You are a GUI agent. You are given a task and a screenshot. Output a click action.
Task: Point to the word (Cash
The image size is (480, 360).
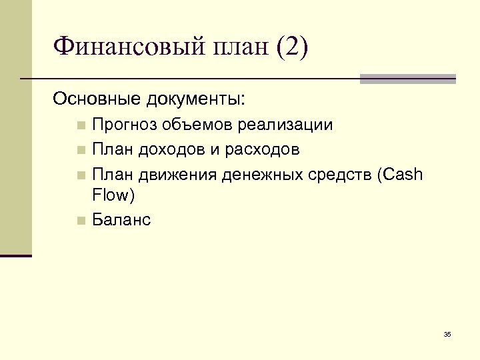click(x=399, y=174)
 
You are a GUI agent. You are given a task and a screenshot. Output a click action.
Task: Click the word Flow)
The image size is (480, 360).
click(x=113, y=195)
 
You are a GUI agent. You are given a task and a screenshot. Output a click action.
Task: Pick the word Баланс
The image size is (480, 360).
click(x=122, y=219)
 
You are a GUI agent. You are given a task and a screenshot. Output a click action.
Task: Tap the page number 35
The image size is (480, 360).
click(x=447, y=333)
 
